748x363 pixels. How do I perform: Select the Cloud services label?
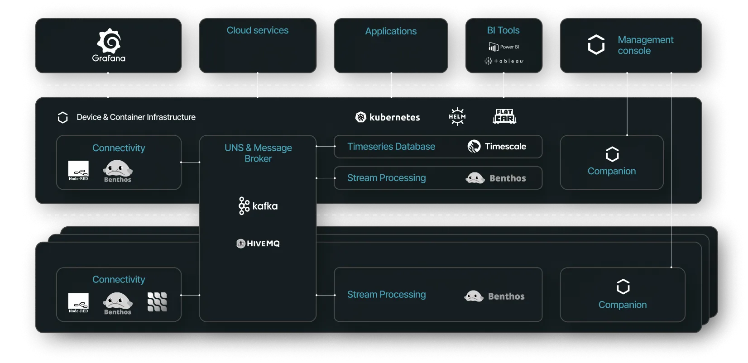[x=257, y=30]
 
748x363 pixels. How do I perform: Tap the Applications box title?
[x=391, y=31]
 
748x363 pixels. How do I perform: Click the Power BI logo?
[x=503, y=47]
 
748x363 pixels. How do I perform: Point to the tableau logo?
[x=503, y=61]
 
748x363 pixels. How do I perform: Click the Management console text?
[x=645, y=45]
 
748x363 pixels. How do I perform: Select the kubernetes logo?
[x=388, y=117]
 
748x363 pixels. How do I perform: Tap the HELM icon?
[x=457, y=116]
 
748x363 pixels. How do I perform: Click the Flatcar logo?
[x=504, y=116]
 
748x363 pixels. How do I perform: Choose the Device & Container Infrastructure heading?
[x=136, y=117]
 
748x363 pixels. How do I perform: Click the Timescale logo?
[x=497, y=146]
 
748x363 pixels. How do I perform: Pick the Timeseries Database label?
[x=391, y=147]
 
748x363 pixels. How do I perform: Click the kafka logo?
[x=258, y=206]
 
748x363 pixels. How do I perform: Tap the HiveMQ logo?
[x=258, y=244]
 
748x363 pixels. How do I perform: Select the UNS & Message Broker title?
[x=258, y=153]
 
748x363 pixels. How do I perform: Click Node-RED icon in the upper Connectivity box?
[x=78, y=170]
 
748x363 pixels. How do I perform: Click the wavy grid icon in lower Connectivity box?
[x=157, y=301]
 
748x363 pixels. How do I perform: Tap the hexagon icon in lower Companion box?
[x=623, y=287]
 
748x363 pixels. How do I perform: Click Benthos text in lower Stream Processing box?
[x=506, y=296]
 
